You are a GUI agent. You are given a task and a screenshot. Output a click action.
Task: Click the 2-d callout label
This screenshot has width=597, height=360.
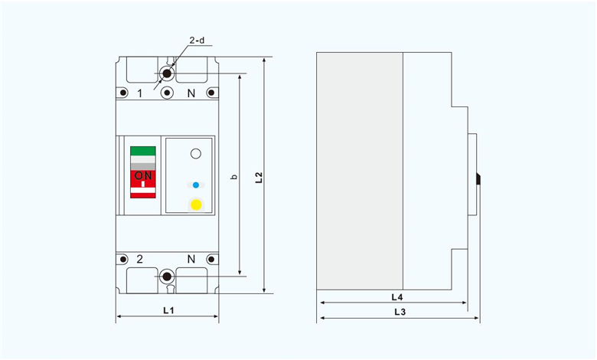pyautogui.click(x=197, y=40)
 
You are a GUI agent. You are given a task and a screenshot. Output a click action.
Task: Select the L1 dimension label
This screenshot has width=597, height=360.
pyautogui.click(x=168, y=310)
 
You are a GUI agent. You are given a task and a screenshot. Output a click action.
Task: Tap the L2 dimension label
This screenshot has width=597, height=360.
pyautogui.click(x=259, y=178)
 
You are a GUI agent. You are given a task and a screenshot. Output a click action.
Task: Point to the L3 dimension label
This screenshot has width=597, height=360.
pyautogui.click(x=400, y=312)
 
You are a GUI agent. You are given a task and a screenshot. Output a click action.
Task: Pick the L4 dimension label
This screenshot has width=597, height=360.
pyautogui.click(x=397, y=297)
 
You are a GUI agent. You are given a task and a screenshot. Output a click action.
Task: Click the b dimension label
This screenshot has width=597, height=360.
pyautogui.click(x=234, y=177)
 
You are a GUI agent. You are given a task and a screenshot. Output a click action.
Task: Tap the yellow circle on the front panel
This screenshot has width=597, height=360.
pyautogui.click(x=196, y=205)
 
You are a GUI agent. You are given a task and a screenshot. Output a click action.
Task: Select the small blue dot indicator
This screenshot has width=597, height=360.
pyautogui.click(x=196, y=185)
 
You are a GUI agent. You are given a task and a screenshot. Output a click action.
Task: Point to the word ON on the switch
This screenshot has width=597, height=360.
pyautogui.click(x=143, y=175)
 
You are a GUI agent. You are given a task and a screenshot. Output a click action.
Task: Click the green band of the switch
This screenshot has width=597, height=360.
pyautogui.click(x=143, y=151)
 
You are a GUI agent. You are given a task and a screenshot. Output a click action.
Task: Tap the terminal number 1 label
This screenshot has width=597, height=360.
pyautogui.click(x=140, y=93)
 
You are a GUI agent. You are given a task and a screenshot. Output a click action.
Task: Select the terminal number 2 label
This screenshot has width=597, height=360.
pyautogui.click(x=140, y=259)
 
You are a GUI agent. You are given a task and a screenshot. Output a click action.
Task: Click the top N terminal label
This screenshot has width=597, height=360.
pyautogui.click(x=191, y=93)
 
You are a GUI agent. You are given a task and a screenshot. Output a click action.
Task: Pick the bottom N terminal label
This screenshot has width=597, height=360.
pyautogui.click(x=191, y=259)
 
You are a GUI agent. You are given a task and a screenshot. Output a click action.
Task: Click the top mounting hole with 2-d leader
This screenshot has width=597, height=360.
pyautogui.click(x=167, y=73)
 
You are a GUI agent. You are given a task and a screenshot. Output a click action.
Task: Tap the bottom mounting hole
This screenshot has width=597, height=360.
pyautogui.click(x=167, y=277)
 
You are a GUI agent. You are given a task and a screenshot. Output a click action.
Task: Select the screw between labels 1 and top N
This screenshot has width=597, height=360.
pyautogui.click(x=167, y=93)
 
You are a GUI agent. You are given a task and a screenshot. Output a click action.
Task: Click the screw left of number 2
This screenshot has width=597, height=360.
pyautogui.click(x=123, y=260)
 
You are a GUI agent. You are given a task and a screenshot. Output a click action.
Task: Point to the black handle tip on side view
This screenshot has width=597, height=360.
pyautogui.click(x=478, y=179)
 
